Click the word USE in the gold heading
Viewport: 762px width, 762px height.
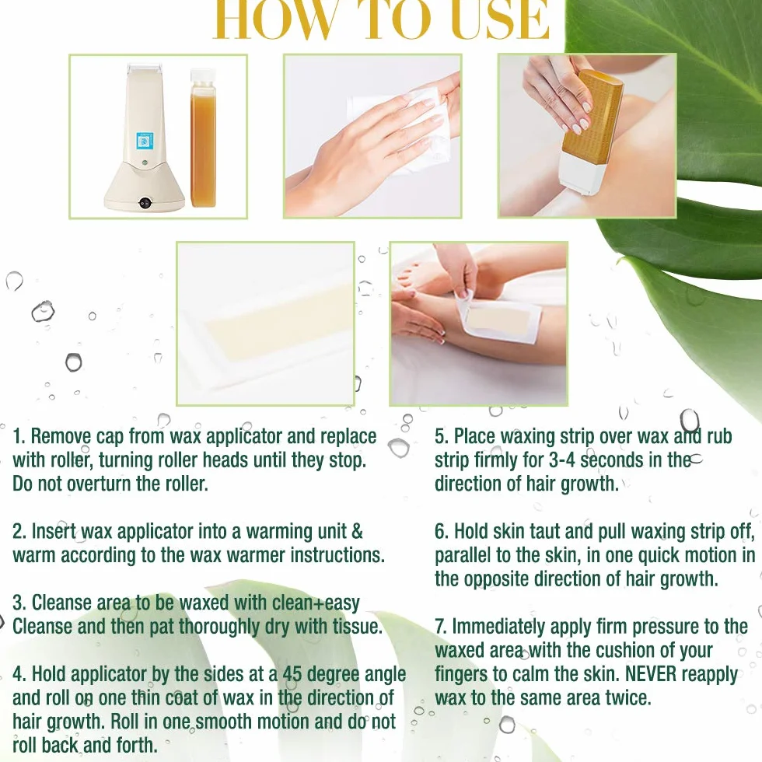point(500,19)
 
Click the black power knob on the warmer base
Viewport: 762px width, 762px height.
point(145,203)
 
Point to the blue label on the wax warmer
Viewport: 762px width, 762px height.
point(144,142)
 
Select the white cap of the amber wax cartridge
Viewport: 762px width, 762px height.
point(203,77)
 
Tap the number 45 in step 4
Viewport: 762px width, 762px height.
point(292,674)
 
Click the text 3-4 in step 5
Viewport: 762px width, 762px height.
point(561,460)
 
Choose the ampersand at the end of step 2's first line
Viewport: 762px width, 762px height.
point(357,531)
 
